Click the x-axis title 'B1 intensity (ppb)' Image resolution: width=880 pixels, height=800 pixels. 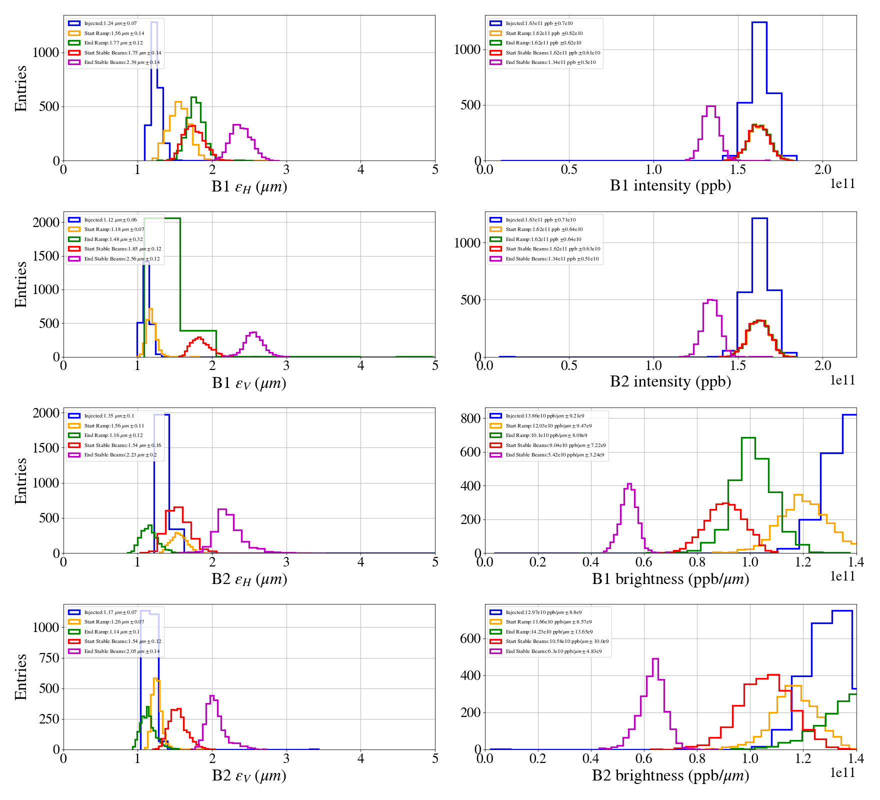point(670,186)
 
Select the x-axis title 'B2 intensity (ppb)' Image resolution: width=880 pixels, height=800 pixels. point(670,382)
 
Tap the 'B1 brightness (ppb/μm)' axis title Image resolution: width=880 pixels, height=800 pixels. point(670,579)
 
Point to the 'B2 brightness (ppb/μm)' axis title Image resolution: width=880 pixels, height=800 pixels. point(670,775)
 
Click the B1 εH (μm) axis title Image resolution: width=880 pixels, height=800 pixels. point(249,187)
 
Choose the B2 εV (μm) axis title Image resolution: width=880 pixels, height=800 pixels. point(249,775)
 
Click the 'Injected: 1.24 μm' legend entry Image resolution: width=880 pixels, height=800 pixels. point(110,23)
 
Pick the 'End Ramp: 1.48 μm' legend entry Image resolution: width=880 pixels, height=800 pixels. point(113,239)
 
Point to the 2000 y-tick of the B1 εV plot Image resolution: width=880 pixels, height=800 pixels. point(46,222)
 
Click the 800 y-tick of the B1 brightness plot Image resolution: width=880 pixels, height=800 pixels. point(470,418)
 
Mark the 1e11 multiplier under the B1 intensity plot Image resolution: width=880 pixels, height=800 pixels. point(842,184)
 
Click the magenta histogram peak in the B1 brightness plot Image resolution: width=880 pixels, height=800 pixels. point(629,484)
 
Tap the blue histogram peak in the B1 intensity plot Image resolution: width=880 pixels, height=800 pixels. point(759,22)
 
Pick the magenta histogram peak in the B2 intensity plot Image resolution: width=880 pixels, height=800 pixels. point(710,300)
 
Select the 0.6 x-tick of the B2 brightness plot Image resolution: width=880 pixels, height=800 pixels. point(644,758)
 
